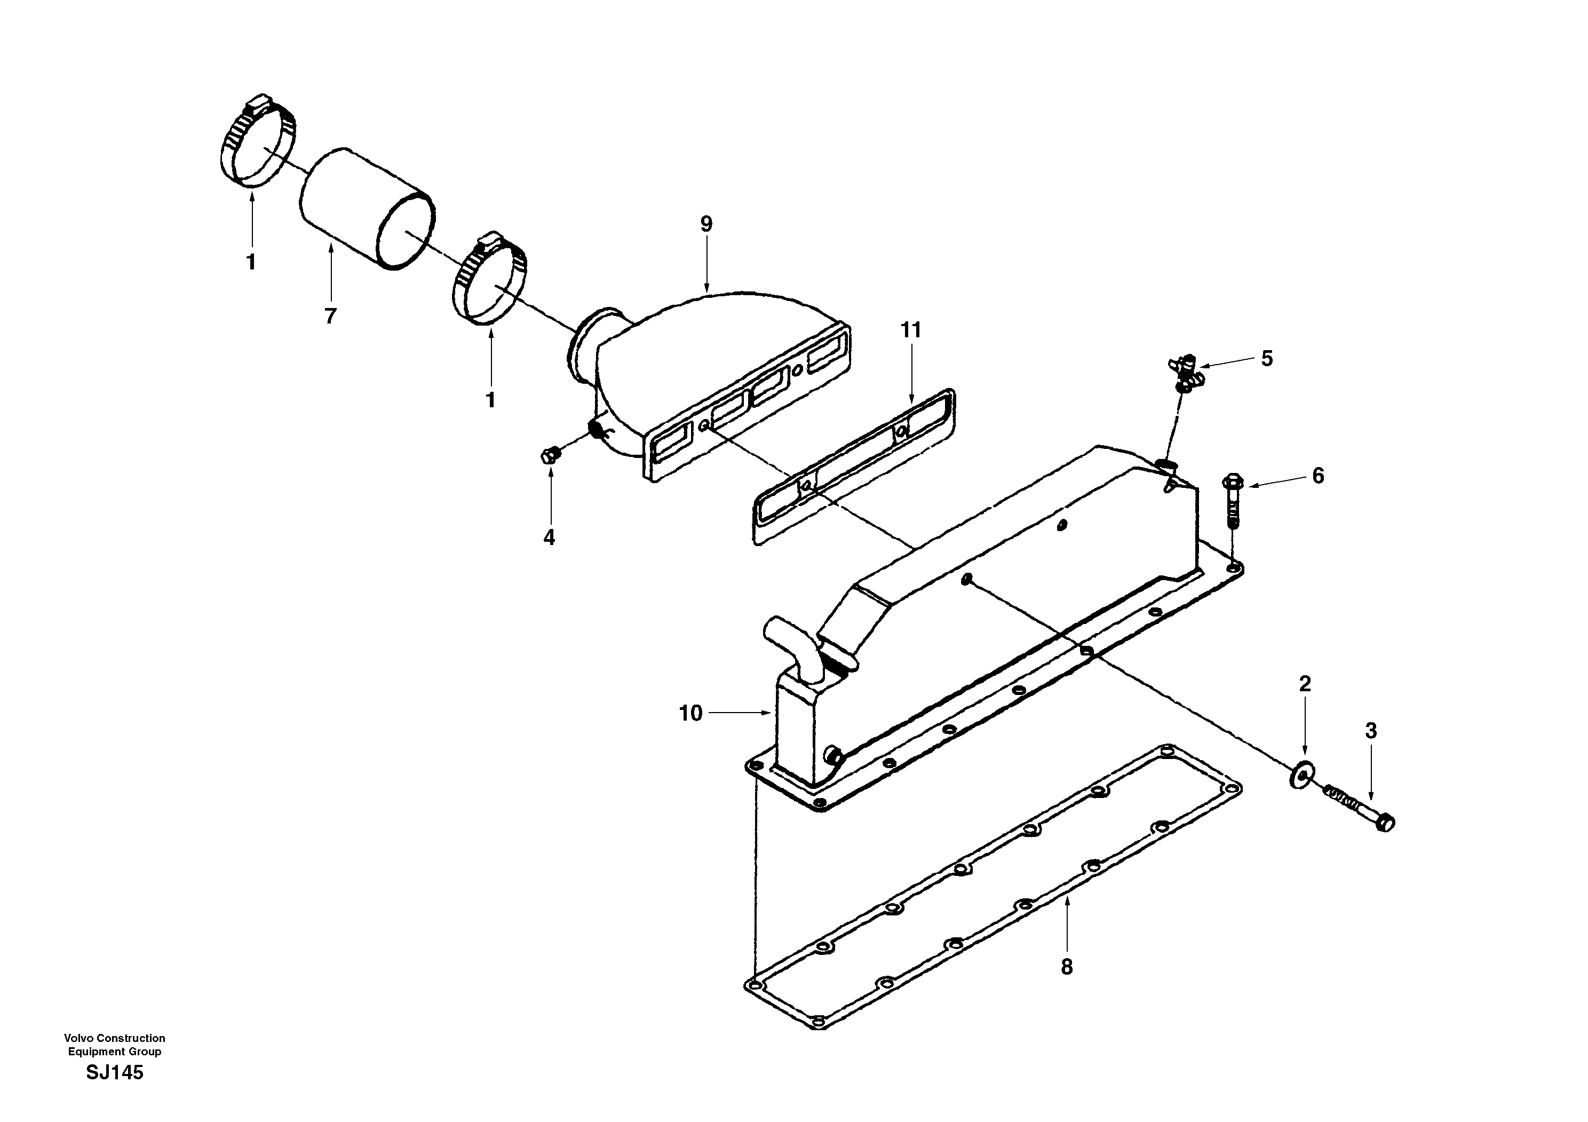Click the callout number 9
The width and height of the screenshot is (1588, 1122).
click(705, 224)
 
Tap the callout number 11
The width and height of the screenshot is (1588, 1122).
click(911, 330)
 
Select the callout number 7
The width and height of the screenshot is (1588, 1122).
click(331, 316)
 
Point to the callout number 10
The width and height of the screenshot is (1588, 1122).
click(690, 713)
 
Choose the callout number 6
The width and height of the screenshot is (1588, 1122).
click(1317, 476)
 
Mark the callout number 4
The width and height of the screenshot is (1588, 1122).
click(549, 538)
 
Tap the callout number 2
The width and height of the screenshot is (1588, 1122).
click(1305, 684)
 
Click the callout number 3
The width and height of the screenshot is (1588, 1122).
click(1370, 731)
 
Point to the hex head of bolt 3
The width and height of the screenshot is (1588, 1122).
click(1385, 823)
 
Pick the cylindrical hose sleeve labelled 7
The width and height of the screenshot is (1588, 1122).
click(367, 208)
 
